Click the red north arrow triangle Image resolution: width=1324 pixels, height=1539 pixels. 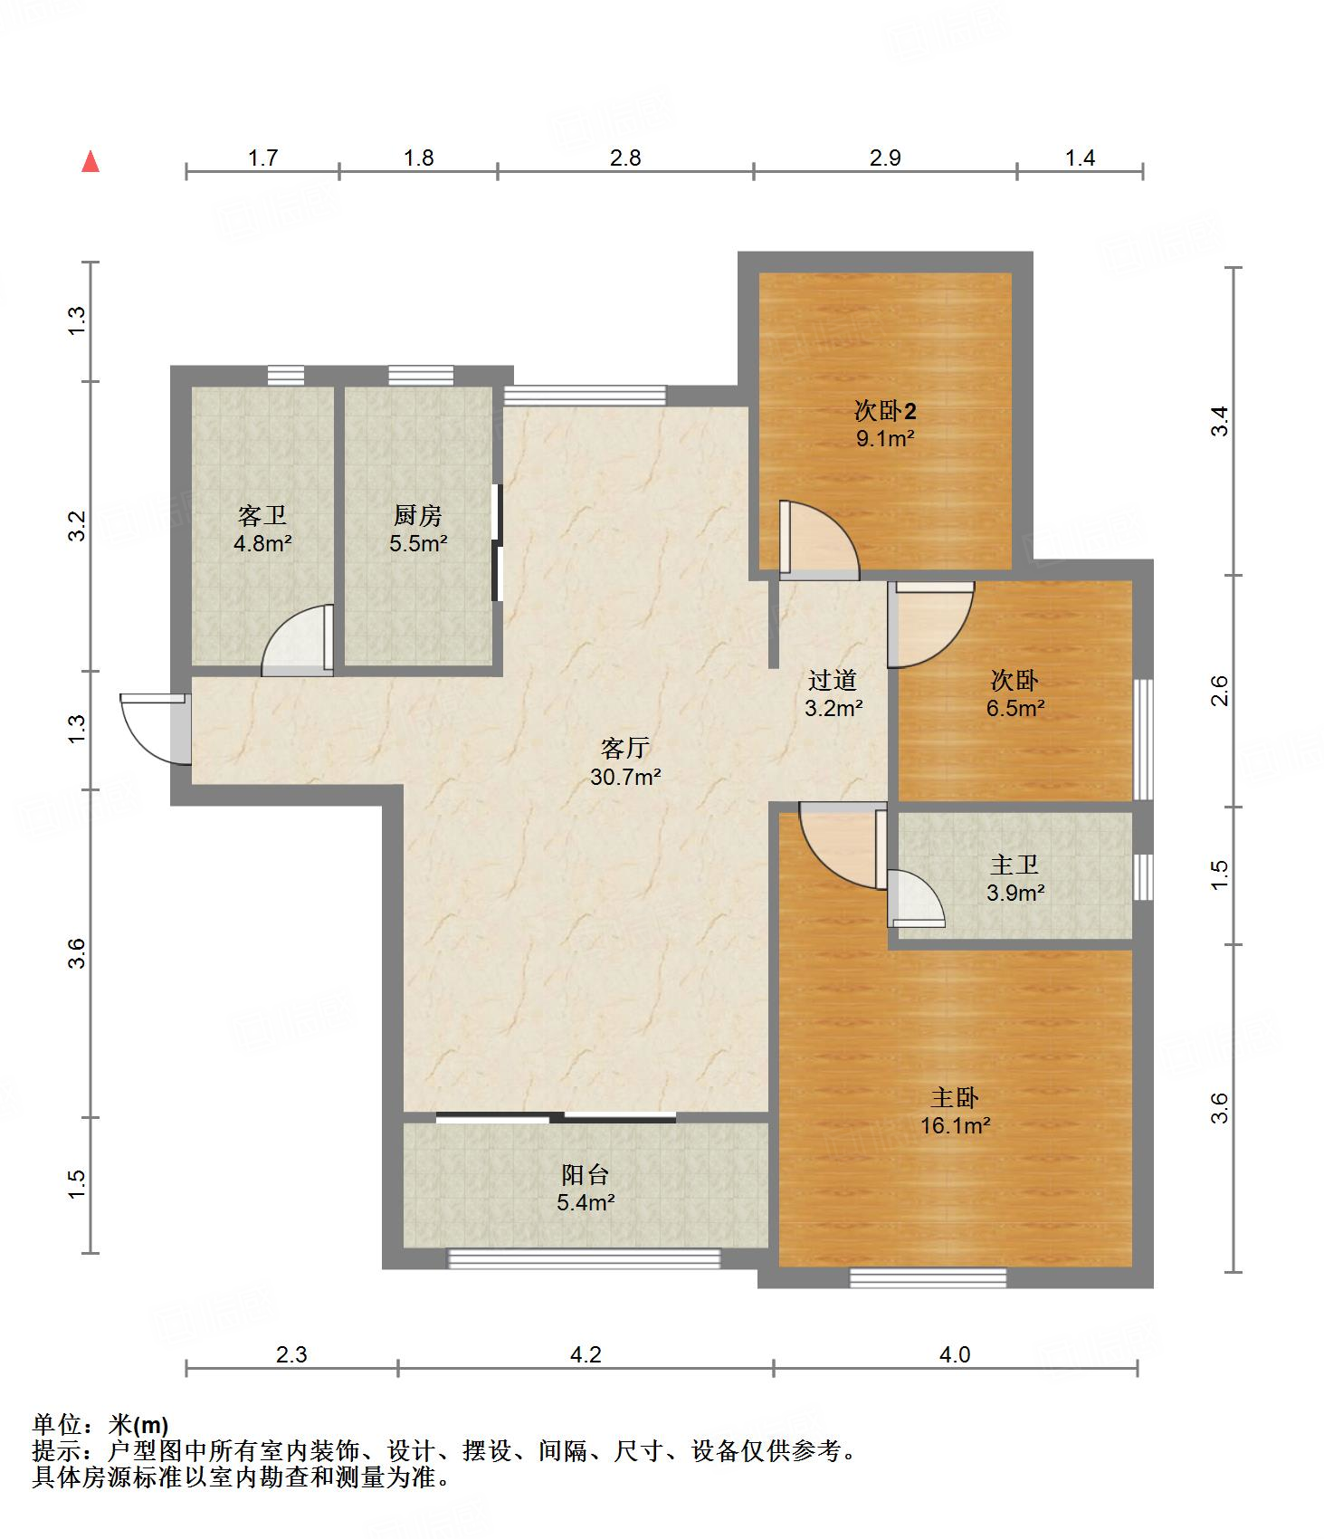tap(90, 161)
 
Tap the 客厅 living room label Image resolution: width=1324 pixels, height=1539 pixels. tap(625, 748)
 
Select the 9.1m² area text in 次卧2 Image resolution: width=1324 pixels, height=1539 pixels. tap(885, 440)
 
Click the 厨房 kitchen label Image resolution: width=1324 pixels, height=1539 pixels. tap(418, 515)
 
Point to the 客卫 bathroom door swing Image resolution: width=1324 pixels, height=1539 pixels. tap(298, 640)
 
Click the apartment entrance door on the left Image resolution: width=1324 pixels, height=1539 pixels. tap(155, 729)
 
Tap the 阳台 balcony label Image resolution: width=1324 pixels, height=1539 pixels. tap(586, 1174)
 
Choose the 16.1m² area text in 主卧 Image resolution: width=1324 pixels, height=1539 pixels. tap(955, 1126)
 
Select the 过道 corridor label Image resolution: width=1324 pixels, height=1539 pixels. tap(833, 679)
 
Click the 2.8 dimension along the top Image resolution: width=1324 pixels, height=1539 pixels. tap(625, 158)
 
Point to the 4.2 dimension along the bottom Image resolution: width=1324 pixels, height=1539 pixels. tap(586, 1354)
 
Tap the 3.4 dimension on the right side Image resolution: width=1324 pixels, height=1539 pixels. tap(1220, 421)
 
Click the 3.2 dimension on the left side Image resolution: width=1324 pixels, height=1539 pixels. tap(78, 526)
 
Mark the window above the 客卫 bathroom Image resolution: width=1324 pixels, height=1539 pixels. tap(286, 376)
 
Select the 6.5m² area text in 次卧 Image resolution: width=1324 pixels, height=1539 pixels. tap(1015, 708)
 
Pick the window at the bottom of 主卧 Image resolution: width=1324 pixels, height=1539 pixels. tap(928, 1277)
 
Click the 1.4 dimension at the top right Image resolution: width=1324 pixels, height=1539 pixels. tap(1080, 158)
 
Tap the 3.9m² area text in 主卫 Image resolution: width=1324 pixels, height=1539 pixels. tap(1015, 893)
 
